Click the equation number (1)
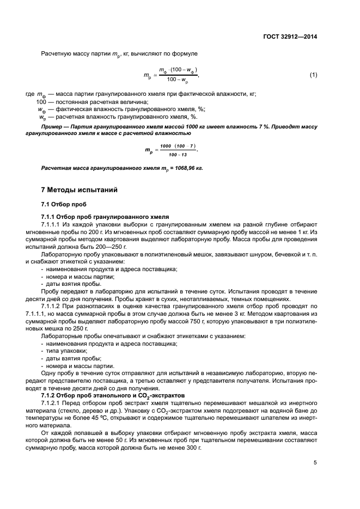point(313,75)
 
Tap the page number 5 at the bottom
point(315,463)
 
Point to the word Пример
point(53,126)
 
